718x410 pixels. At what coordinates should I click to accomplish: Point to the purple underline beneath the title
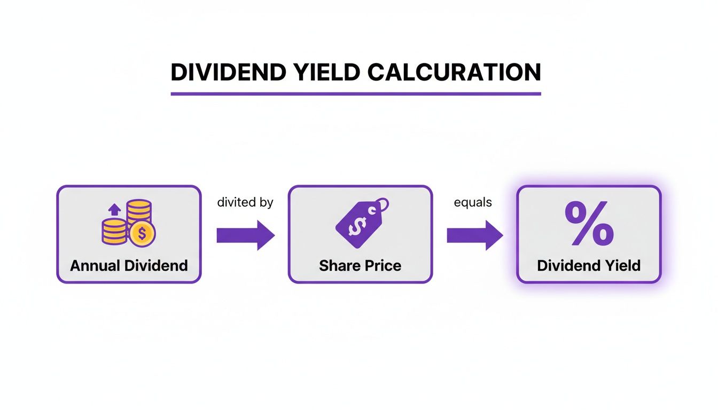pos(356,94)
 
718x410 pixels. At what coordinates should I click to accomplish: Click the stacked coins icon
pos(129,223)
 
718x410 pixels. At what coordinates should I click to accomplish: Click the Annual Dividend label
pos(129,265)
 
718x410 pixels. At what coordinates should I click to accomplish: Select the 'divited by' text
pos(245,203)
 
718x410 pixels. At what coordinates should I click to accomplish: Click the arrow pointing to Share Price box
pos(245,235)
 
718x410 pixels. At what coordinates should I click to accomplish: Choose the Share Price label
pos(360,265)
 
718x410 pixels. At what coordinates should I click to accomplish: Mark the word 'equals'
pos(473,203)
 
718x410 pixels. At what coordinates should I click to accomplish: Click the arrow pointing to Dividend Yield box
pos(474,235)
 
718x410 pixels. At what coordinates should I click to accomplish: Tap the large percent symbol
pos(589,224)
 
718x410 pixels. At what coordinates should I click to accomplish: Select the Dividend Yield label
pos(589,265)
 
